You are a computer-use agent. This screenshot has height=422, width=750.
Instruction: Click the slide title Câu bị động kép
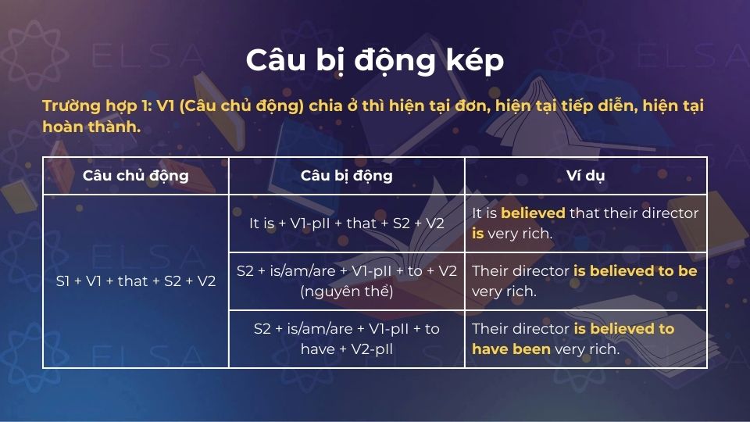[375, 60]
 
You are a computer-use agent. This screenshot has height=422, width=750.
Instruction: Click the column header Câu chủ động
[135, 176]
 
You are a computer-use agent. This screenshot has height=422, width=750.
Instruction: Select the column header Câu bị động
[346, 176]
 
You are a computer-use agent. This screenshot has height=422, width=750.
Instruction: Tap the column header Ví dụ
[585, 176]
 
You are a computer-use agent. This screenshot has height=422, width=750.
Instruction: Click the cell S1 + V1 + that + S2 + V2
[135, 281]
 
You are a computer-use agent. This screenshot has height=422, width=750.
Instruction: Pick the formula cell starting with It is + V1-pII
[346, 223]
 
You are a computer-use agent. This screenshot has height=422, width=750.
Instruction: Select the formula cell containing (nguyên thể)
[346, 281]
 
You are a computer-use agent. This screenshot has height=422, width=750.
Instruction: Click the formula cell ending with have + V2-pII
[346, 339]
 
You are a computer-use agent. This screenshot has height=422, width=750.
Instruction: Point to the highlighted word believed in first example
[533, 213]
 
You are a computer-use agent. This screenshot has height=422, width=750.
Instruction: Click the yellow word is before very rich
[477, 234]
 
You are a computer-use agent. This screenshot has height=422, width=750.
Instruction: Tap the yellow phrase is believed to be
[634, 271]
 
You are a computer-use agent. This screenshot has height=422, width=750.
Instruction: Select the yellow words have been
[511, 349]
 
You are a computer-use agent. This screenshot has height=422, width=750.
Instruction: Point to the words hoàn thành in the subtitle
[91, 127]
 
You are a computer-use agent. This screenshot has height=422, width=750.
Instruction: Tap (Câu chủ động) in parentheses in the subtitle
[240, 105]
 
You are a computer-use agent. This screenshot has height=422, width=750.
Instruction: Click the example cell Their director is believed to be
[585, 281]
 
